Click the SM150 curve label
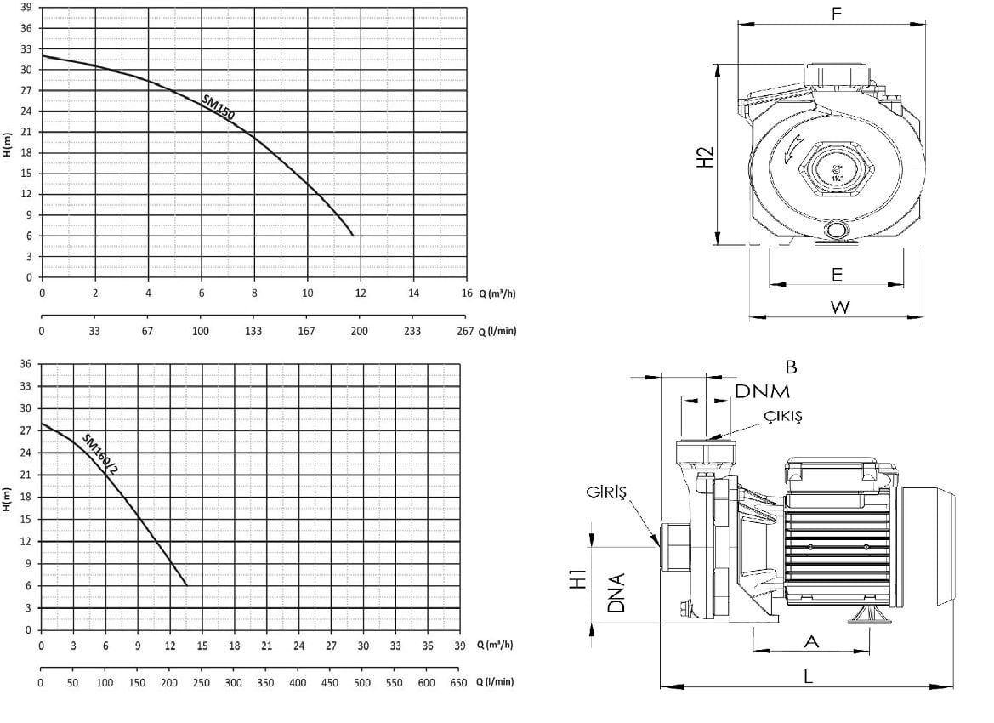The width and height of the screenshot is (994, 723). (x=219, y=106)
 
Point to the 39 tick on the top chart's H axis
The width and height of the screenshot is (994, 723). (x=26, y=8)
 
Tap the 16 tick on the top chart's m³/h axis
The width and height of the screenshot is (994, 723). (x=467, y=293)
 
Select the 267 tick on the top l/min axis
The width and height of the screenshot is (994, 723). (x=465, y=331)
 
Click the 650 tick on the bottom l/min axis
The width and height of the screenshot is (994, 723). (x=458, y=683)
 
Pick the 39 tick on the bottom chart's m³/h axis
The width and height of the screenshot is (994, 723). (x=460, y=646)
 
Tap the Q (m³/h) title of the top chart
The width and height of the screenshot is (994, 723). (x=497, y=293)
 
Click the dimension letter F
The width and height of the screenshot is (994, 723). (x=836, y=14)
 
